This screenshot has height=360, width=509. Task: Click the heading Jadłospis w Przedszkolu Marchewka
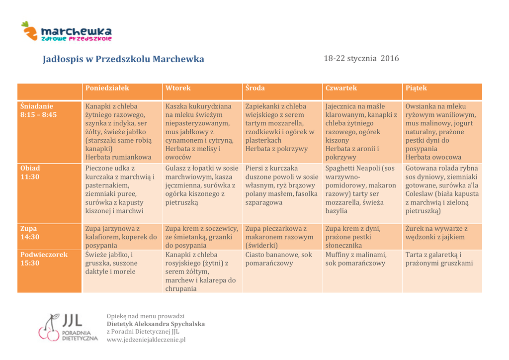[123, 59]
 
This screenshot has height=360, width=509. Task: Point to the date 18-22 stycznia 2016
[361, 59]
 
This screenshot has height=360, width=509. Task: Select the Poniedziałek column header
[107, 88]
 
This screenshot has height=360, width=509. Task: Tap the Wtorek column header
[178, 88]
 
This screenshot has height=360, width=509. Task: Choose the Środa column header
[255, 88]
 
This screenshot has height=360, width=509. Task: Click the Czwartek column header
[341, 88]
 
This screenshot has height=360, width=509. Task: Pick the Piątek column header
[416, 88]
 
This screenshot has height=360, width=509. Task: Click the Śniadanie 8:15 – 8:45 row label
[39, 110]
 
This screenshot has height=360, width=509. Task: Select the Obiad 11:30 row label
[30, 172]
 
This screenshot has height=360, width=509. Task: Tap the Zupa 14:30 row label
[30, 233]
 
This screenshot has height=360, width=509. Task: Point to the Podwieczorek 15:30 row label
[44, 259]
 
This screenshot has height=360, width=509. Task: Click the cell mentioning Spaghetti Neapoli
[361, 189]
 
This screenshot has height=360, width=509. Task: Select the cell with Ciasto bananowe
[278, 259]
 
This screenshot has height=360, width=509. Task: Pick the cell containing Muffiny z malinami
[355, 259]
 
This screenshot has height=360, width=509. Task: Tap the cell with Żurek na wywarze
[436, 233]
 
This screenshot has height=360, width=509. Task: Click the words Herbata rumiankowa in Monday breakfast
[118, 157]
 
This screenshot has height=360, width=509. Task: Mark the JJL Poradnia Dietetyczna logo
[68, 328]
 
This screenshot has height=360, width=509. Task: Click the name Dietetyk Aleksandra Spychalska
[156, 324]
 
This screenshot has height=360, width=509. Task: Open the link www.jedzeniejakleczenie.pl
[146, 340]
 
